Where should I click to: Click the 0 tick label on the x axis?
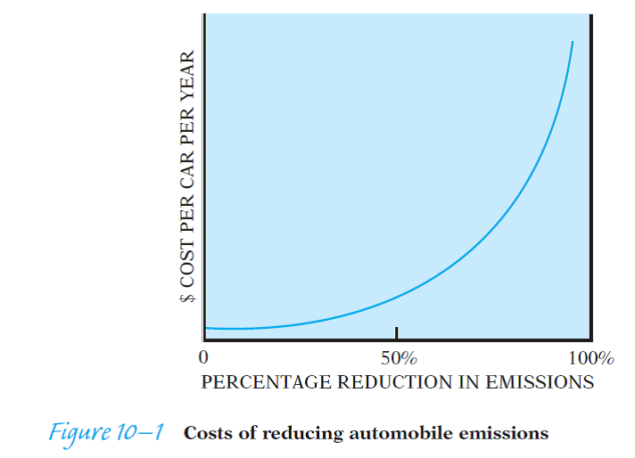204,359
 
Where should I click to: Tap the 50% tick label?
397,359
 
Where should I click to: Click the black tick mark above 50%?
397,333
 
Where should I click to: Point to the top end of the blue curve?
573,41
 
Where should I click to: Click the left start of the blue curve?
207,328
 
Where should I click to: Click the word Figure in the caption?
84,433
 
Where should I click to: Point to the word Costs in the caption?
207,433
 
